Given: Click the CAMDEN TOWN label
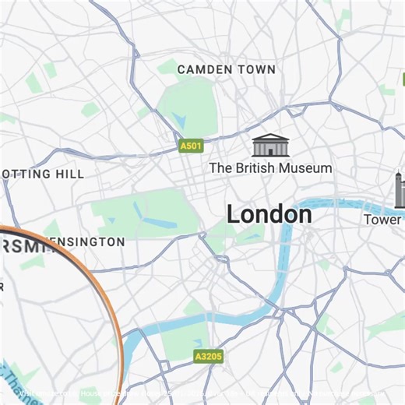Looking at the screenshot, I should point(226,69).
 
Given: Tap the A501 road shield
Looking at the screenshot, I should point(190,146).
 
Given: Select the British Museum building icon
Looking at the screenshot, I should point(270,145).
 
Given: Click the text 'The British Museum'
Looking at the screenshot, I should point(270,167).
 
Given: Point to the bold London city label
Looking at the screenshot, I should point(269,214).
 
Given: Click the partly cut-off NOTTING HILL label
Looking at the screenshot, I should point(43,174).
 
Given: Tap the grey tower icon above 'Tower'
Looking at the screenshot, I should point(399,192).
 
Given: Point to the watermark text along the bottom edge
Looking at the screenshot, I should point(202,394).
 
